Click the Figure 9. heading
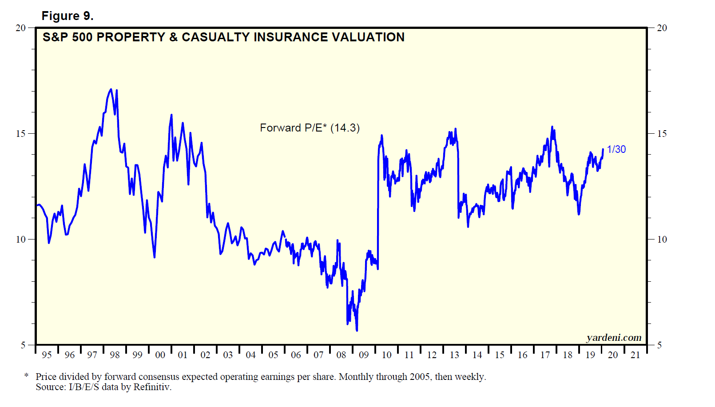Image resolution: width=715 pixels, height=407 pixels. [x=68, y=16]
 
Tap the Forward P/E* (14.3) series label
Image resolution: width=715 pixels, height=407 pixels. [x=310, y=128]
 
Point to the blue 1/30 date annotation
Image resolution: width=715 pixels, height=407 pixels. [x=616, y=149]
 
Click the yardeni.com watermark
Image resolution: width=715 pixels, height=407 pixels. [x=614, y=338]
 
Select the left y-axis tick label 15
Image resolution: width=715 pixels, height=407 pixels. [x=20, y=133]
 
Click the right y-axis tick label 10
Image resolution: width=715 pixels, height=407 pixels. [x=662, y=239]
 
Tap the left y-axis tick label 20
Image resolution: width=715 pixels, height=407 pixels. [x=20, y=28]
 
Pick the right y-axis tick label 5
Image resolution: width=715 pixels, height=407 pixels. [x=659, y=345]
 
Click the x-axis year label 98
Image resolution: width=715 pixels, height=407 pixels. [x=115, y=355]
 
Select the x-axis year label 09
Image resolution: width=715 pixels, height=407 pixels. [x=364, y=355]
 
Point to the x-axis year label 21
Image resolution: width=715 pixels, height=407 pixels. [x=636, y=355]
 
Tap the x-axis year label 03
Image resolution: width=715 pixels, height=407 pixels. [x=228, y=355]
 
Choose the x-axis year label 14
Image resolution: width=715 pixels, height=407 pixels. [x=477, y=355]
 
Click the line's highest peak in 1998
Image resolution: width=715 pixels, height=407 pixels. [x=111, y=89]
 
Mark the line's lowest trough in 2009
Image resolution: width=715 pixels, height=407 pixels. [x=357, y=330]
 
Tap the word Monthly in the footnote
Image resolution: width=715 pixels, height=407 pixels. [x=355, y=377]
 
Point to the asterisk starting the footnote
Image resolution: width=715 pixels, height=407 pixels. [x=27, y=376]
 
